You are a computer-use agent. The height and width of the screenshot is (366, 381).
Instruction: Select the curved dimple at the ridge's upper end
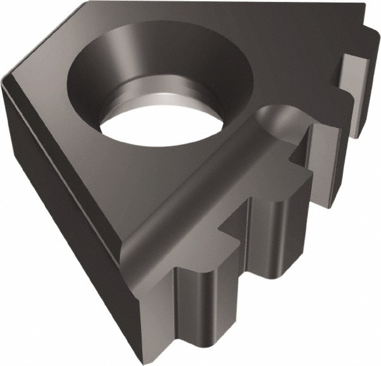273,118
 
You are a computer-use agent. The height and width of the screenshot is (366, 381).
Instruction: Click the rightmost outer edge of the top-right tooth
375,83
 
